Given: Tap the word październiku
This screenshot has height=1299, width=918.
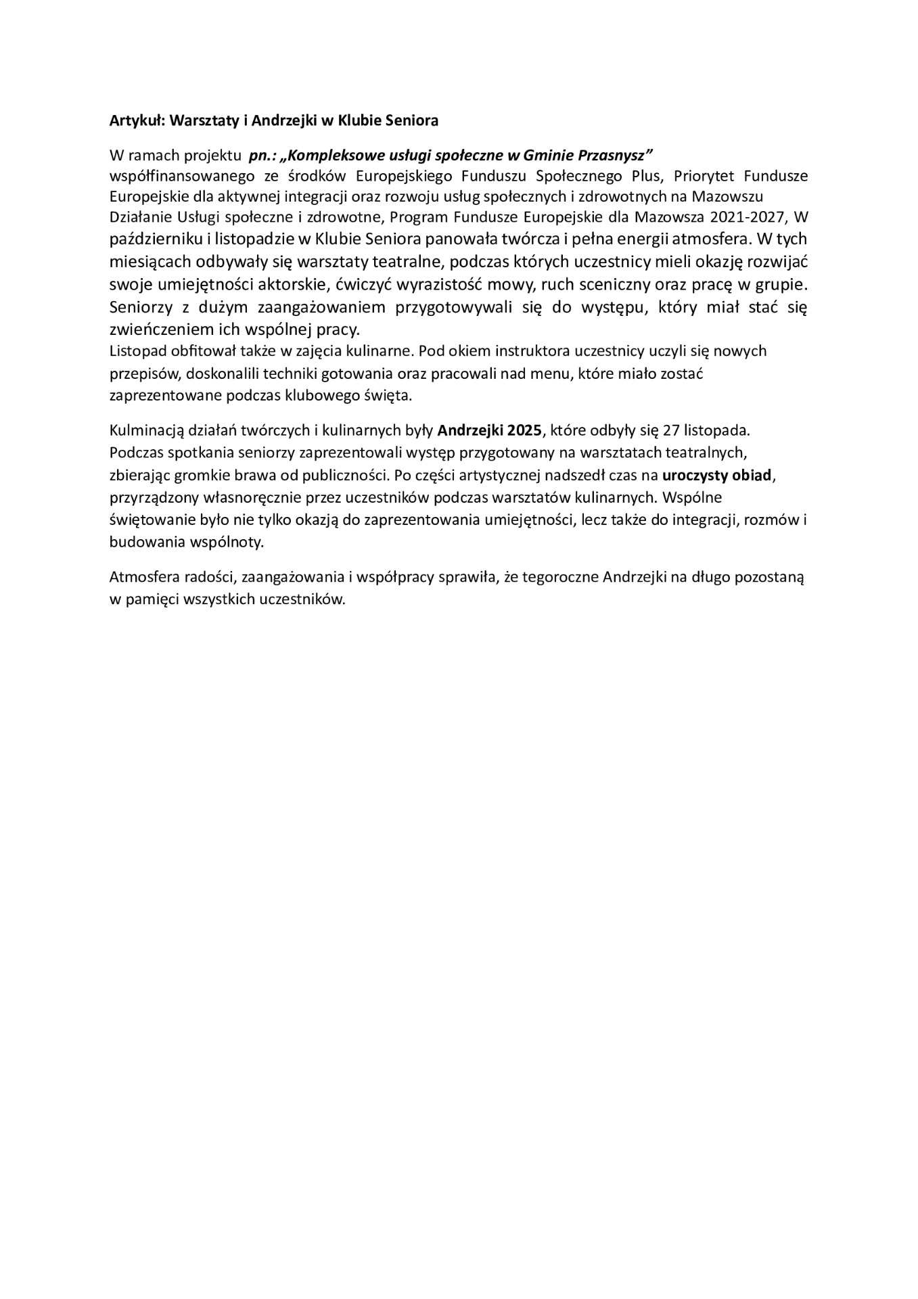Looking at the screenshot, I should (150, 240).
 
